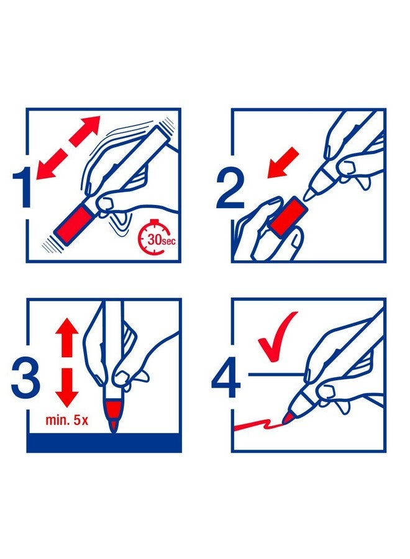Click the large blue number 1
point(22,188)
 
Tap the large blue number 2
point(230,189)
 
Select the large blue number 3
point(25,378)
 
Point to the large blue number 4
point(226,378)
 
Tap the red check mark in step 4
point(277,336)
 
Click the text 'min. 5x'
point(66,420)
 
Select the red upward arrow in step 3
point(66,337)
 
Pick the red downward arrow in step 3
point(66,388)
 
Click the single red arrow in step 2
point(283,163)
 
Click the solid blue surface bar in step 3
point(104,442)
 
